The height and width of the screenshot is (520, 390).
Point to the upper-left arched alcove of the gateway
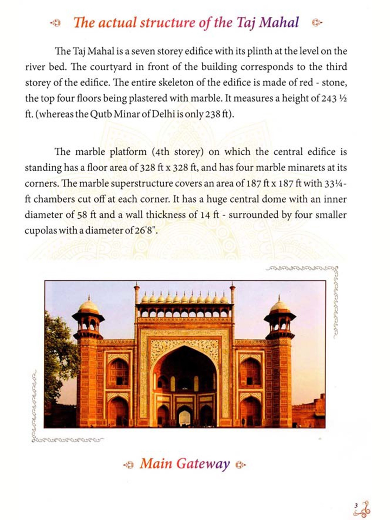click(x=119, y=372)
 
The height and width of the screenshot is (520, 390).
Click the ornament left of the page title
click(x=56, y=23)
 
